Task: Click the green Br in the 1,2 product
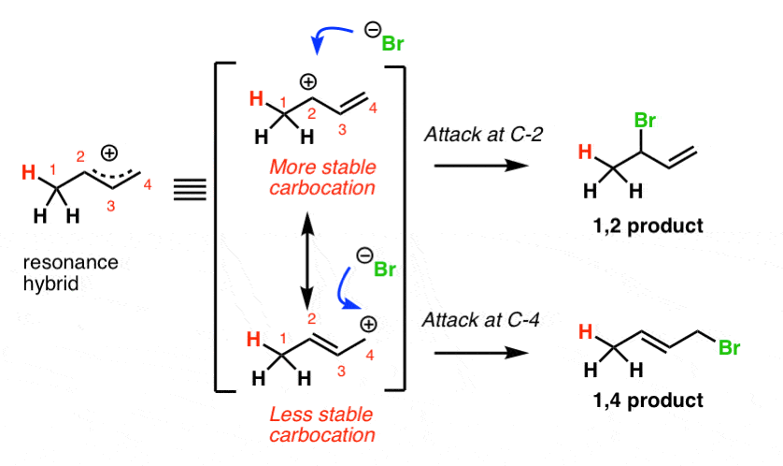645,121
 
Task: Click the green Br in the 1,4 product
729,347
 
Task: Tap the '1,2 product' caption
648,226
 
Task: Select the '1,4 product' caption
648,400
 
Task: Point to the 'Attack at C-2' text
483,135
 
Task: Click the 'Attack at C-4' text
481,320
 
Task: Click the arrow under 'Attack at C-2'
481,166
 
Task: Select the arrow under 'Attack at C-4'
481,353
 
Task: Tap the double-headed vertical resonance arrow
308,259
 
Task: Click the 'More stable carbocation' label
322,178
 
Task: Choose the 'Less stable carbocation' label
322,425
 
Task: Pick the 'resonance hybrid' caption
70,273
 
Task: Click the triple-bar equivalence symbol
191,190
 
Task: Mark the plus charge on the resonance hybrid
109,153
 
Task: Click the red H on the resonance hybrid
29,173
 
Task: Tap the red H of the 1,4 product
586,331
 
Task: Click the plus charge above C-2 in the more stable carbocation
308,81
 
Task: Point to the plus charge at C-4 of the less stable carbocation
368,325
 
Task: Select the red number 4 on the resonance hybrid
148,185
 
